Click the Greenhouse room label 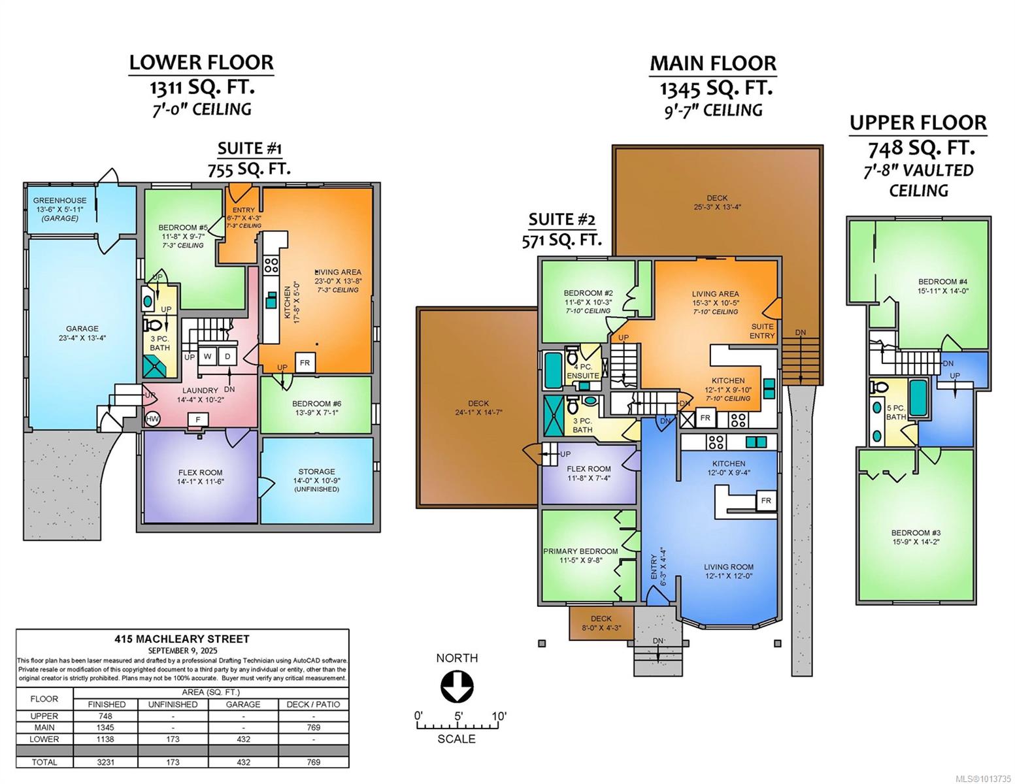[59, 209]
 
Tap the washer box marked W [207, 356]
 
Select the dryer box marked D [227, 356]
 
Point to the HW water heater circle [152, 419]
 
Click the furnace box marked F [198, 420]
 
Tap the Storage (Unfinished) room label [317, 480]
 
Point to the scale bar [457, 726]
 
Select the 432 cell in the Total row [243, 762]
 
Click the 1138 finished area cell [106, 739]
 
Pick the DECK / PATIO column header [314, 704]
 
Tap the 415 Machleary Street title [182, 639]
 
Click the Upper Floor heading [918, 123]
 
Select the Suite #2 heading [561, 219]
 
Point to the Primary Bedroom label [580, 556]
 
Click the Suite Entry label [762, 331]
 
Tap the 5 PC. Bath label [896, 412]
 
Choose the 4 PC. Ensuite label [583, 371]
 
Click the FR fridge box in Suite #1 [305, 363]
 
